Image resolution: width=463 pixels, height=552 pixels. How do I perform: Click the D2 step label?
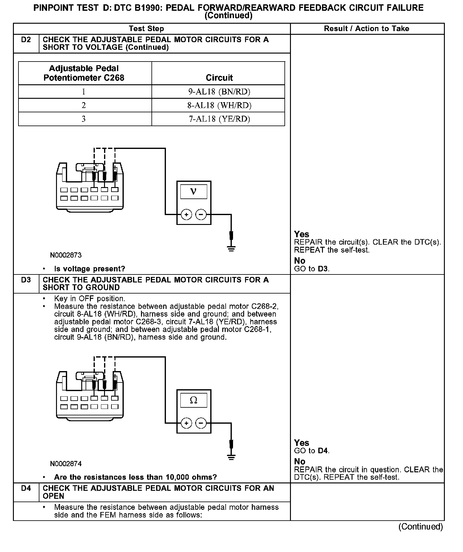26,40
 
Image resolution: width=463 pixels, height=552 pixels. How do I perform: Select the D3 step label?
26,280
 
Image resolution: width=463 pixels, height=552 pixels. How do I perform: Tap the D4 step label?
26,488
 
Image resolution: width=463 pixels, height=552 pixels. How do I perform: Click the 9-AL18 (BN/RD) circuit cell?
219,92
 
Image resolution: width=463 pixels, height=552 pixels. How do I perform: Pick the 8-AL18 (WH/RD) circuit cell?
219,105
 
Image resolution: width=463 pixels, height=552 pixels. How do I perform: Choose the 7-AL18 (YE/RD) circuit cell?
219,119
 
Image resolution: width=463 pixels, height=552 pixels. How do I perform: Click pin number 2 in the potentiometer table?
84,105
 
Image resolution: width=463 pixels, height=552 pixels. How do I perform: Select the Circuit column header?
219,78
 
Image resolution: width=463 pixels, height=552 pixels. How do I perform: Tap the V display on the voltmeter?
193,191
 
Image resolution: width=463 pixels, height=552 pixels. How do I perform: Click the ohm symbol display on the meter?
193,400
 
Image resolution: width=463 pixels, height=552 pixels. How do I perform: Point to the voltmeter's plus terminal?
186,214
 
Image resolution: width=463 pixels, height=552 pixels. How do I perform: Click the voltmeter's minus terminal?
201,214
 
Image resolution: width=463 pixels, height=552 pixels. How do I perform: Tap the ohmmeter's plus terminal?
186,423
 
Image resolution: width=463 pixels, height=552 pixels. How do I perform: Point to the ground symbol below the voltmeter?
231,248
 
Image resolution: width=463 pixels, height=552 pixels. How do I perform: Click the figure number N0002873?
66,255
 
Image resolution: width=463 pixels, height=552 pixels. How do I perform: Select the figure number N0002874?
66,463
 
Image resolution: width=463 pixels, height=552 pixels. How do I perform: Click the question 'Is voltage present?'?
90,269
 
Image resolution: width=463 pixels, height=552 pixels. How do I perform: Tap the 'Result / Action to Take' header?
366,29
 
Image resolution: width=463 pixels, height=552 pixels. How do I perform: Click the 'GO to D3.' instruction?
312,269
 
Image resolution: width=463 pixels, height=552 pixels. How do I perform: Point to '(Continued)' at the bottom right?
421,527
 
